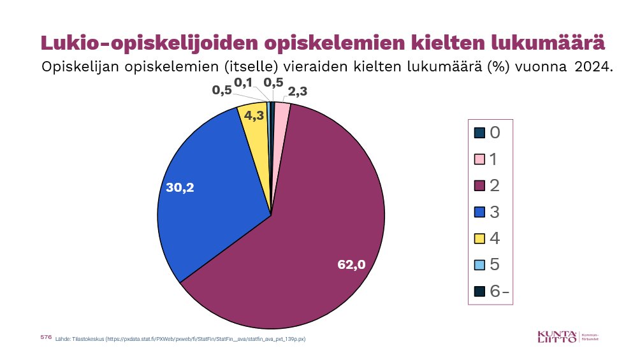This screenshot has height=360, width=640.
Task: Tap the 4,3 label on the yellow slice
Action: [254, 116]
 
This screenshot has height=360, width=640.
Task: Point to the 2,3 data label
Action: [298, 92]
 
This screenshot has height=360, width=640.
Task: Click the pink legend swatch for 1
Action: [480, 159]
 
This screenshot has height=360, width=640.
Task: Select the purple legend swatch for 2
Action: [480, 185]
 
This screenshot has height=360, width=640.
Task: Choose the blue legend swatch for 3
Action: [480, 212]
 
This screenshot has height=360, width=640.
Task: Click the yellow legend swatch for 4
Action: [480, 238]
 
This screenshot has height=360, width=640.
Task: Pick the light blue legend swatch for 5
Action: [480, 265]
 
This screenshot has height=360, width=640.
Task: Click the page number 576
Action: [45, 336]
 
